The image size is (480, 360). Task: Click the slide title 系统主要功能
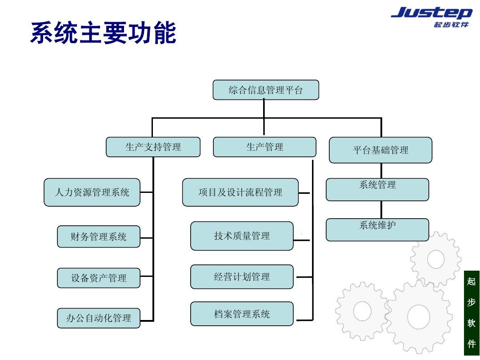tap(103, 34)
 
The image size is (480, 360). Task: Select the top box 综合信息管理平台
tap(266, 90)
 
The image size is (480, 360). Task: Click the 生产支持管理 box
tap(153, 147)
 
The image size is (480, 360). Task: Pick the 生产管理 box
tap(264, 147)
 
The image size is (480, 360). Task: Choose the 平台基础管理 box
tap(380, 150)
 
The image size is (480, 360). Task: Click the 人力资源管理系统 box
tap(92, 192)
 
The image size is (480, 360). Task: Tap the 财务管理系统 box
tap(99, 236)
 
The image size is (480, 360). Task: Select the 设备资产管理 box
tap(99, 278)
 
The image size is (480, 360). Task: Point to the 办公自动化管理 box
tap(99, 318)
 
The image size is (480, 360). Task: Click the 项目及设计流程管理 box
tap(240, 192)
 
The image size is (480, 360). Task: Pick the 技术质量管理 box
tap(242, 236)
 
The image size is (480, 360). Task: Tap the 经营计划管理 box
tap(242, 277)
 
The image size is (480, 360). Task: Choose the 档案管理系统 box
tap(242, 314)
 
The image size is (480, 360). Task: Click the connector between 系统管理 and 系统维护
tap(381, 210)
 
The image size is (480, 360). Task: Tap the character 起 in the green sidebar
tap(472, 281)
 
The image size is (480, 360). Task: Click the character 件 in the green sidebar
tap(472, 344)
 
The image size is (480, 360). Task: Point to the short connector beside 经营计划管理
tap(304, 277)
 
